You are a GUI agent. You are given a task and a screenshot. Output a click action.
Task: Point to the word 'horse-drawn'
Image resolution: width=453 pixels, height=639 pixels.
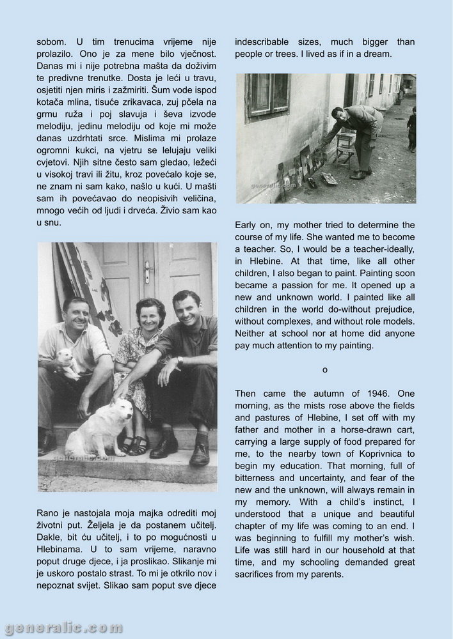[x=352, y=429]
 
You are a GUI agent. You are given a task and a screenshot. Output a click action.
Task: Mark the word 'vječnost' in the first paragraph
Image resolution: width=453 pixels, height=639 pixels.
[x=196, y=55]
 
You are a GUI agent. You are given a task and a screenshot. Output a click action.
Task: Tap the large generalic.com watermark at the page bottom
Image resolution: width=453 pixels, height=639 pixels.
[x=62, y=627]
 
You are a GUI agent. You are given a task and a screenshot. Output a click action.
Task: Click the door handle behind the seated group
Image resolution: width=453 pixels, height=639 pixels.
[x=148, y=271]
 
